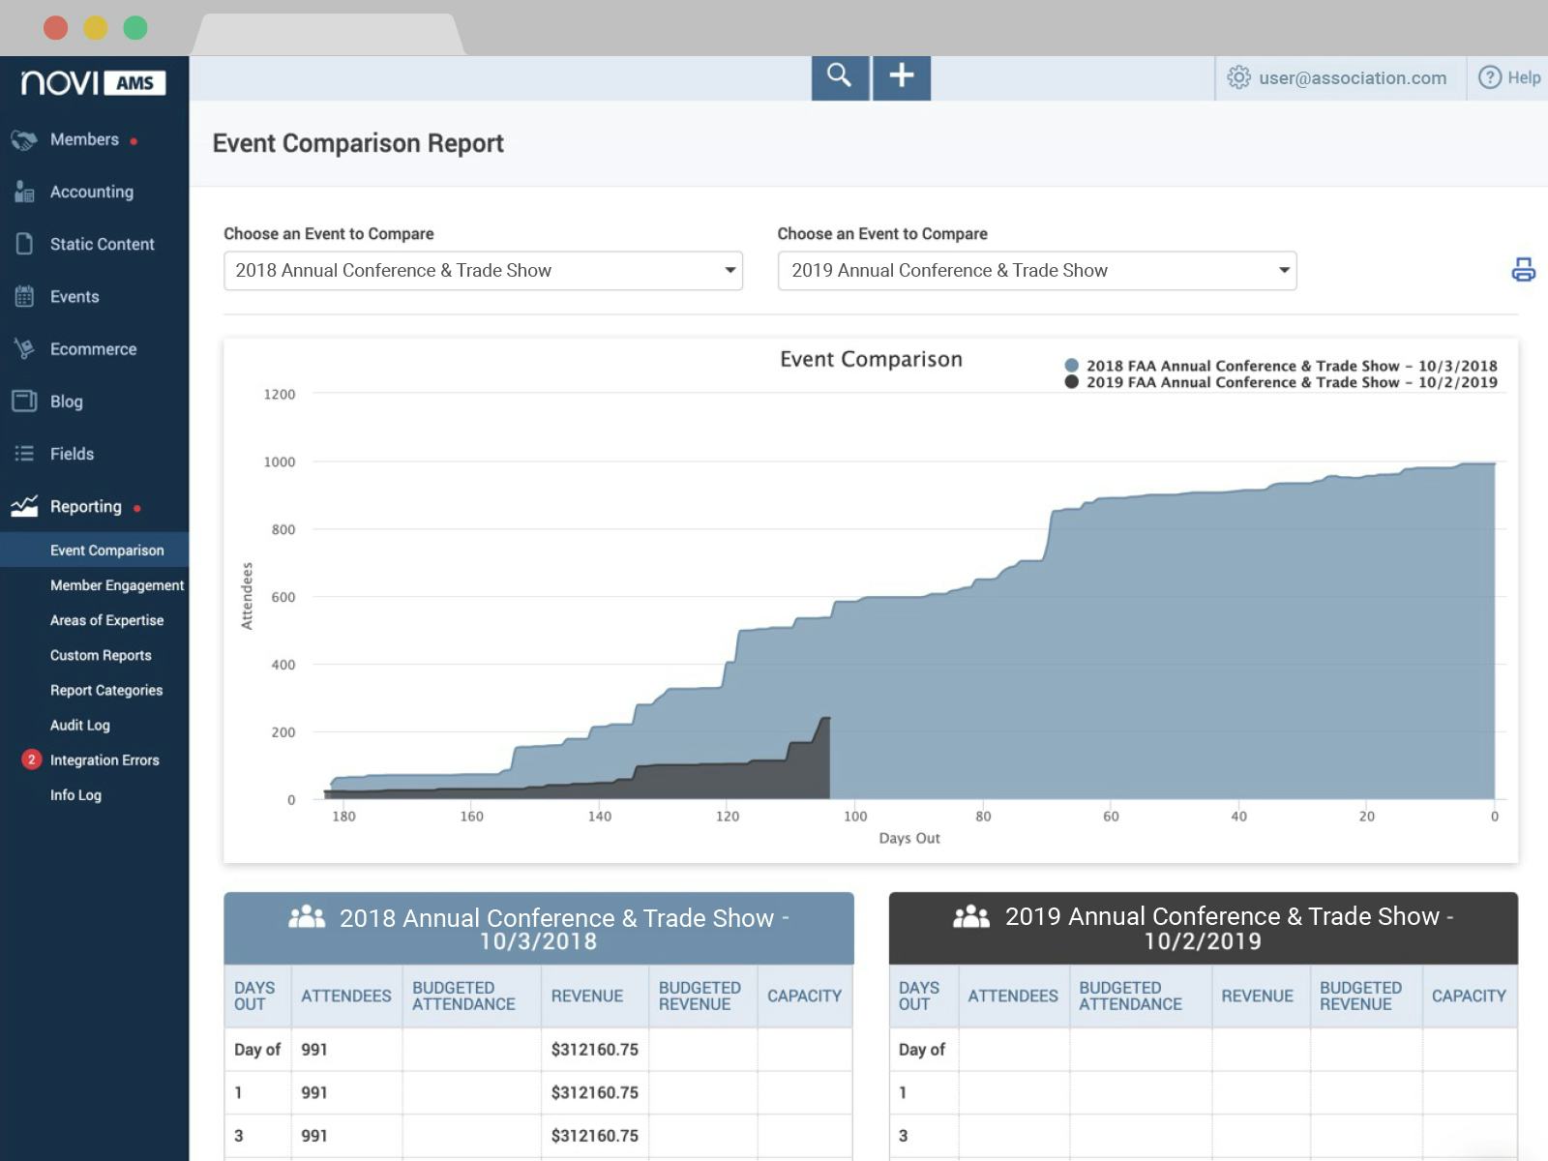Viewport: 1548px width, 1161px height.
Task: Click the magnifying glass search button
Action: coord(839,76)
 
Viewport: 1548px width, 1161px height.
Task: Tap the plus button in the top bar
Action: coord(902,76)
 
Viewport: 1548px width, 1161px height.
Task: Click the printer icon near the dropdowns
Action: coord(1523,269)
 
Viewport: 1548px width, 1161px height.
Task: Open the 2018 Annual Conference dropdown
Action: coord(483,271)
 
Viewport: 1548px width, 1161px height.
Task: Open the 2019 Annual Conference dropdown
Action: coord(1036,271)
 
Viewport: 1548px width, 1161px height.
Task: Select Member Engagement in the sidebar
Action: coord(116,585)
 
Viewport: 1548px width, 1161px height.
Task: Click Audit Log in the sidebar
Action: coord(79,725)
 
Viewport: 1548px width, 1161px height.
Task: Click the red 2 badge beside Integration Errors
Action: coord(31,759)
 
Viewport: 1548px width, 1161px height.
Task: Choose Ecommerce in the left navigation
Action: coord(93,349)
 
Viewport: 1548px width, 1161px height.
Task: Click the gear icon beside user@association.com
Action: coord(1238,77)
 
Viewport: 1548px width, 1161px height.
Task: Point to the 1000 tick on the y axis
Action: coord(280,462)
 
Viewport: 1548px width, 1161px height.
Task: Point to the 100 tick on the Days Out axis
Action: coord(855,817)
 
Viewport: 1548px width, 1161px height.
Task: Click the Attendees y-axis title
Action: coord(247,596)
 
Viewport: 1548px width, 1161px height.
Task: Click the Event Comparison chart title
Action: coord(871,360)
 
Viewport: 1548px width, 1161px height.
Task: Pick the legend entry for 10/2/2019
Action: coord(1291,382)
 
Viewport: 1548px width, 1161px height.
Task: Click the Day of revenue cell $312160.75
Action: coord(594,1049)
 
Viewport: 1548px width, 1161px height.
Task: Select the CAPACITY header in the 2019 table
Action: coord(1468,996)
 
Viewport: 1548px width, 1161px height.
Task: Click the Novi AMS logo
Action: coord(94,83)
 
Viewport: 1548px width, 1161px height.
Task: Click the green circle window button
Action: coord(135,28)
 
